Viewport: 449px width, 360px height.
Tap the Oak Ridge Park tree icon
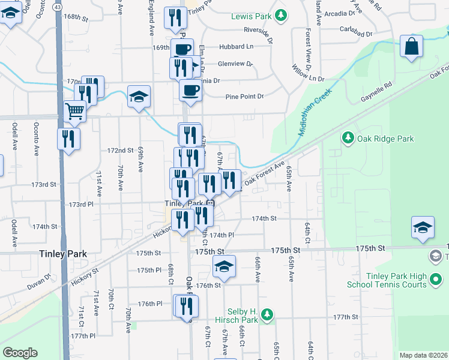pos(348,139)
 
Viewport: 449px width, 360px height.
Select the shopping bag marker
pos(411,47)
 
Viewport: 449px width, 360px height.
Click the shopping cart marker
pos(74,110)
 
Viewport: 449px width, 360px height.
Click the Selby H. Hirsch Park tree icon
pos(268,314)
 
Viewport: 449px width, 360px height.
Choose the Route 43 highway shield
pos(56,5)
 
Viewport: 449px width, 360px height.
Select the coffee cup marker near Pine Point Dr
pos(190,90)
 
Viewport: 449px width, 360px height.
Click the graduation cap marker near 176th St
pos(224,267)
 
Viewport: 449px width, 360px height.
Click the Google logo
pos(20,353)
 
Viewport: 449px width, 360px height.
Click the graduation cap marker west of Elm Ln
pos(139,96)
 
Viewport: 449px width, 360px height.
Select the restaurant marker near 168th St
pos(175,19)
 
